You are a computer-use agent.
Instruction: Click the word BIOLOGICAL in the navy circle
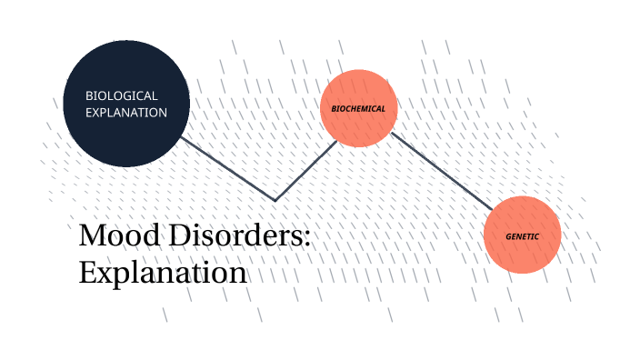(x=122, y=95)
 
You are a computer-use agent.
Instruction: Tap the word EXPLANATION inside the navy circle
(x=126, y=113)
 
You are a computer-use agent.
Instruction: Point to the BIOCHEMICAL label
(x=358, y=109)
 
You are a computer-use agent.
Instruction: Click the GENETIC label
(x=523, y=236)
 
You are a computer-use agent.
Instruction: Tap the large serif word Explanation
(x=163, y=272)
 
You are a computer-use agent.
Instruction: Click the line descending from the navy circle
(x=227, y=169)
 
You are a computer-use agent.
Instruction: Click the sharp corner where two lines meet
(x=275, y=200)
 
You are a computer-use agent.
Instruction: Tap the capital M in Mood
(x=91, y=235)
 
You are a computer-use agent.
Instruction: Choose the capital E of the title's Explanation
(x=87, y=272)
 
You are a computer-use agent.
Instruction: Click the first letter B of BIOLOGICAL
(x=89, y=95)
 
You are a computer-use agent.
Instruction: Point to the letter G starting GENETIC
(x=509, y=236)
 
